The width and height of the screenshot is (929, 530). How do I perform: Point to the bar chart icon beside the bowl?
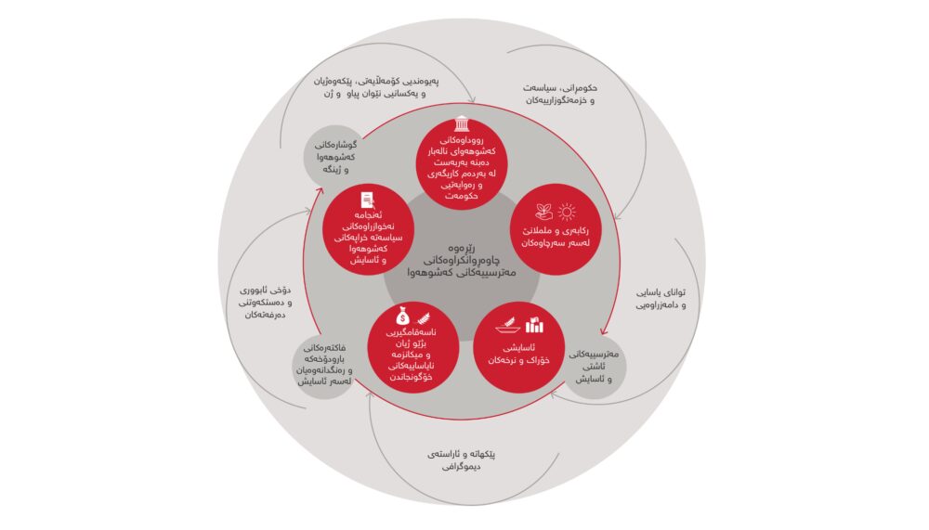(x=535, y=324)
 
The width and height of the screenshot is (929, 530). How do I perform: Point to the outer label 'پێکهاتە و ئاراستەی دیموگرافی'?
(x=462, y=460)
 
